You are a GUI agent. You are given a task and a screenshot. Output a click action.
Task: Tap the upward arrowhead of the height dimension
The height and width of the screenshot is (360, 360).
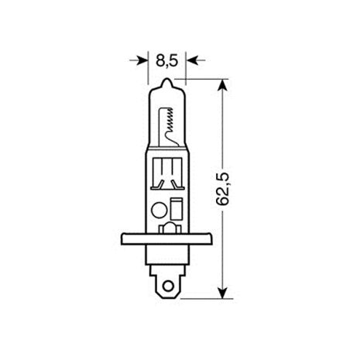pos(226,83)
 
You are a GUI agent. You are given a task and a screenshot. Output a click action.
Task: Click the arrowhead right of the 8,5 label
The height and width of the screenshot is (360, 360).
pos(190,58)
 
